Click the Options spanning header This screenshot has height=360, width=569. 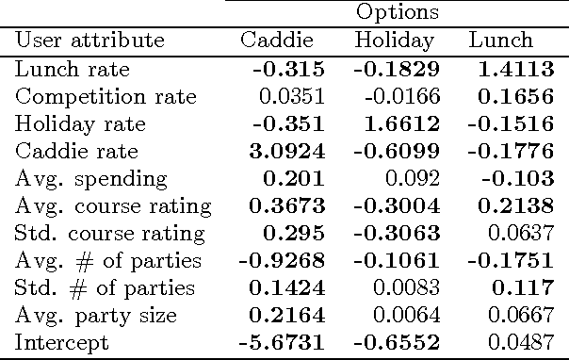397,12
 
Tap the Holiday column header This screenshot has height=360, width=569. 394,41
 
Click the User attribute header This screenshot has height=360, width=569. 89,41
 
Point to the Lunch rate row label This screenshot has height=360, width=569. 73,69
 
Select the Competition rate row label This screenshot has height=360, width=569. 106,96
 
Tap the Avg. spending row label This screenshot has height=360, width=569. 91,178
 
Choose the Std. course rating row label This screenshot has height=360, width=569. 110,233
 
